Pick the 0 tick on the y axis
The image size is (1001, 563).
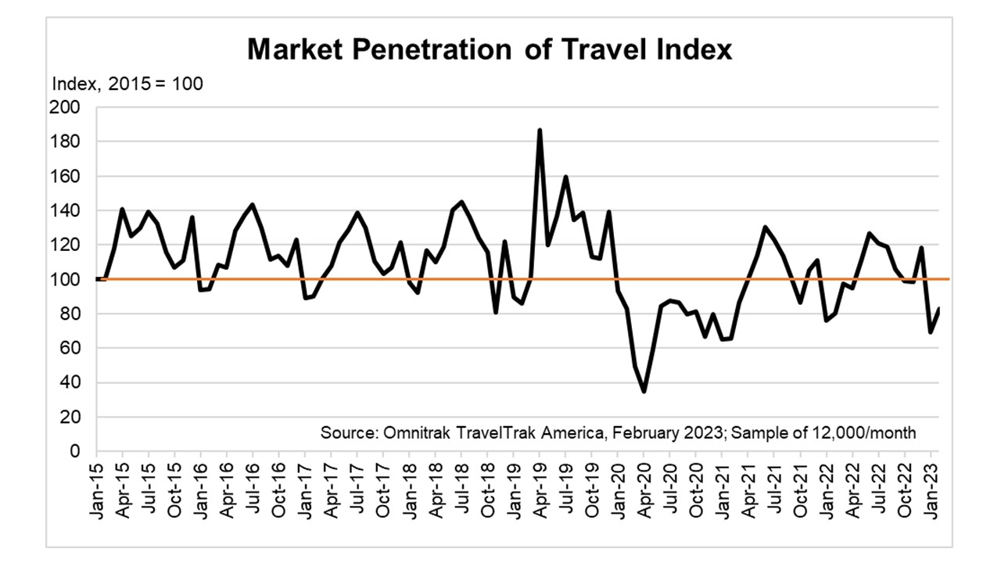tap(74, 451)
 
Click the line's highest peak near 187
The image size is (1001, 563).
tap(540, 131)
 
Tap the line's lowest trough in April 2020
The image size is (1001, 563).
tap(644, 391)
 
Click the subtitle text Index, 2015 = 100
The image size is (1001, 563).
tap(127, 84)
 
